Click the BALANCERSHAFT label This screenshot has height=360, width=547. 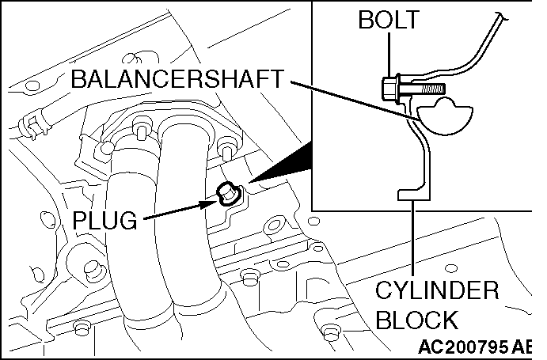177,79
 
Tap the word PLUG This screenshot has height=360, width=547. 104,220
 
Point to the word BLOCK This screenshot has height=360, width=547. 416,320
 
